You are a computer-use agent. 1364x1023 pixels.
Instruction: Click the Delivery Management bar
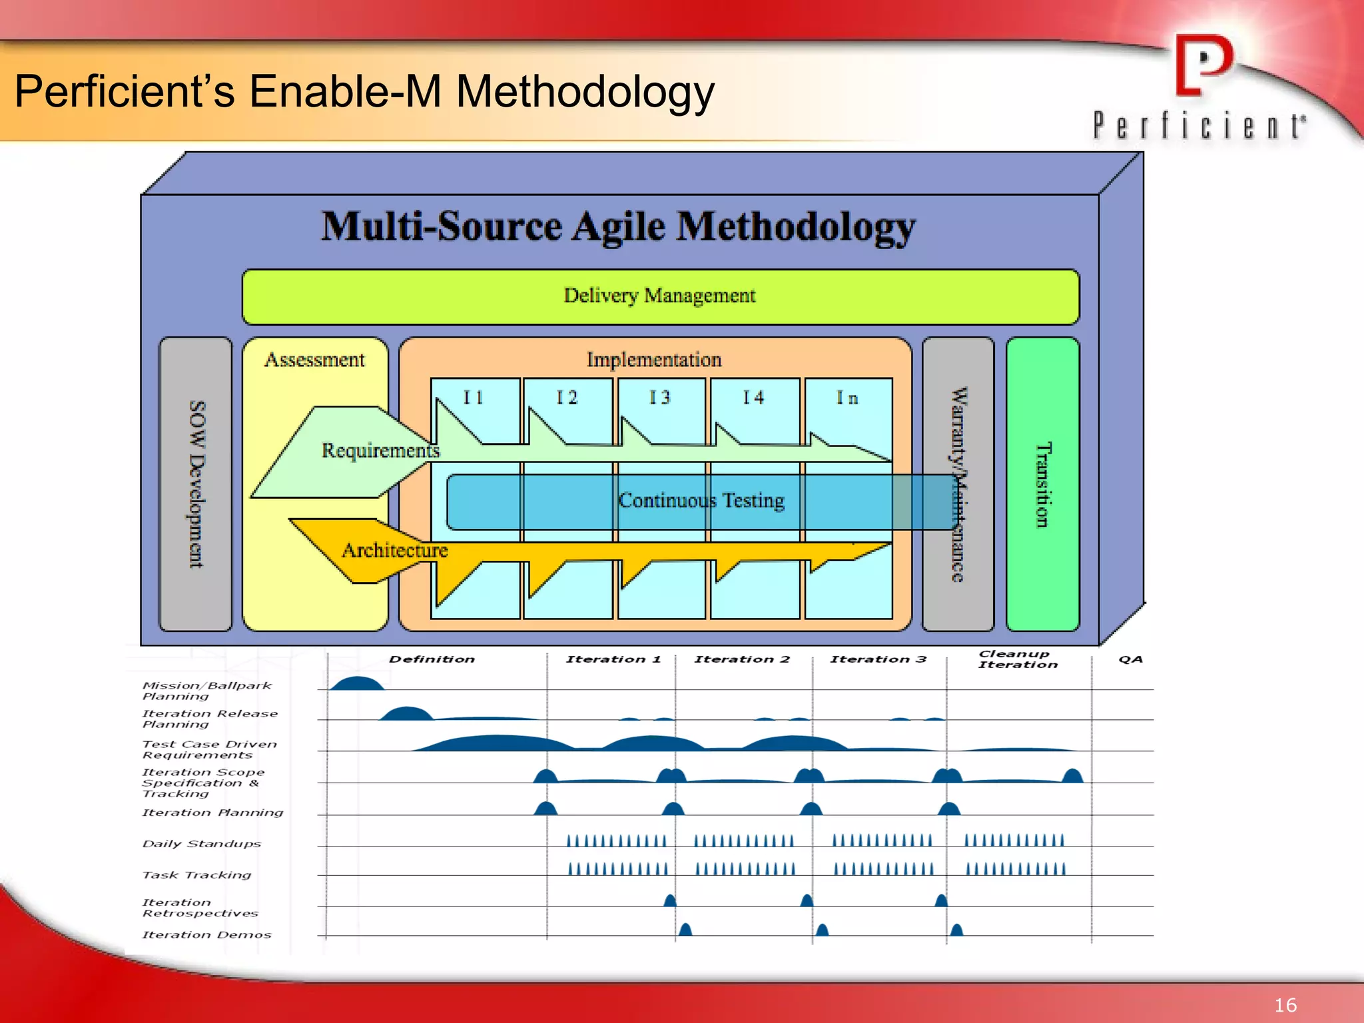(x=659, y=296)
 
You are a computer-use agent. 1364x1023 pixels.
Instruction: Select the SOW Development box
(x=196, y=484)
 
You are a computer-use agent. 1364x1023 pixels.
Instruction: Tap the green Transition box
(x=1042, y=484)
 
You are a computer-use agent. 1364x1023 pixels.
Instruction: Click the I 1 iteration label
(x=474, y=398)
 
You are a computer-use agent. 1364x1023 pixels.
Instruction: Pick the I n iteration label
(x=847, y=398)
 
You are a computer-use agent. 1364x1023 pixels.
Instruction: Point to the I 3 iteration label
(x=660, y=398)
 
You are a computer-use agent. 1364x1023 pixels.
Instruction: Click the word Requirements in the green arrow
(x=380, y=451)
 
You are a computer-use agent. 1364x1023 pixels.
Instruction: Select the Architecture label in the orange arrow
(x=394, y=550)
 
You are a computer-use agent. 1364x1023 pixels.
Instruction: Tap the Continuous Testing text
(x=701, y=500)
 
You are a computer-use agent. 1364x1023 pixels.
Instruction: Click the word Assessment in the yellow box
(x=314, y=360)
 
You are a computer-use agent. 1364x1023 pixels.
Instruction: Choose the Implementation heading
(x=653, y=360)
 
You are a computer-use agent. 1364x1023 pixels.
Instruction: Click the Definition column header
(x=432, y=659)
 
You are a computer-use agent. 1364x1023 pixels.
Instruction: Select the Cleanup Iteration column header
(x=1017, y=659)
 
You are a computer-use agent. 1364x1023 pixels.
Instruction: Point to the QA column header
(x=1130, y=659)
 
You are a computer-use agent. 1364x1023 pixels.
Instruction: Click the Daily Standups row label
(x=202, y=844)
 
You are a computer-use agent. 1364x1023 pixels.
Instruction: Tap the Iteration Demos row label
(x=206, y=935)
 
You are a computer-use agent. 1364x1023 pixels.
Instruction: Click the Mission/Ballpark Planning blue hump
(x=357, y=683)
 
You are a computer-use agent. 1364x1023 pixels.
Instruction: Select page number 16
(x=1285, y=1005)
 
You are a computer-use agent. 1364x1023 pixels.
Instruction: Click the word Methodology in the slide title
(x=585, y=91)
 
